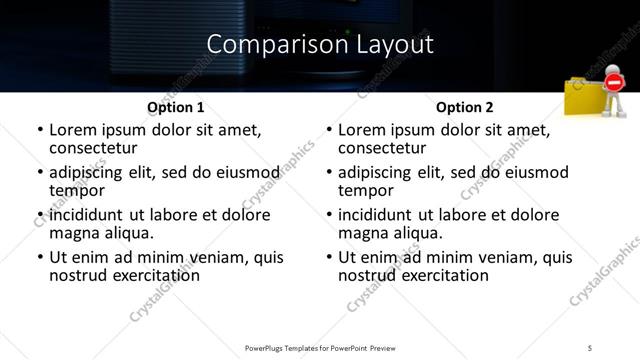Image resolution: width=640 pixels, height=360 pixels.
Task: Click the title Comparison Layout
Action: (x=320, y=44)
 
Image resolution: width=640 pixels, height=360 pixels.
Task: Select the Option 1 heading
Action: (x=175, y=107)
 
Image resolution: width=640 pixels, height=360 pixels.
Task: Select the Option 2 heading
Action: (x=464, y=107)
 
